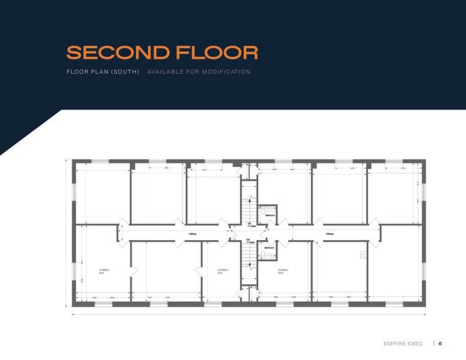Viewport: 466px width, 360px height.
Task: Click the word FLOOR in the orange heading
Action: [x=214, y=52]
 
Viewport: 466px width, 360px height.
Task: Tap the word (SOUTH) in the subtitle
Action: [x=126, y=72]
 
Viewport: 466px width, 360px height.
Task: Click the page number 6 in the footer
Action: [x=440, y=343]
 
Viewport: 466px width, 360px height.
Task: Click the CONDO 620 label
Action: [x=282, y=271]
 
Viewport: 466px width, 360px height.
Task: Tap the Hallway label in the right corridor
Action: [x=329, y=233]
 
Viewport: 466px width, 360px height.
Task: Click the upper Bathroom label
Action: [x=269, y=216]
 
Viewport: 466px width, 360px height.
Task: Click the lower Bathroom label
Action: [x=269, y=247]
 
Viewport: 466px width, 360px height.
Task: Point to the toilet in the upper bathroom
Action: [x=263, y=211]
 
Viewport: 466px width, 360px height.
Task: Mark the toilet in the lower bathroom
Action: [x=263, y=254]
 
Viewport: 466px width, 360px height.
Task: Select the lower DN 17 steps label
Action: [x=250, y=241]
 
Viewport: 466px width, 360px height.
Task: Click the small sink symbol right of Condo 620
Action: [x=363, y=253]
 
